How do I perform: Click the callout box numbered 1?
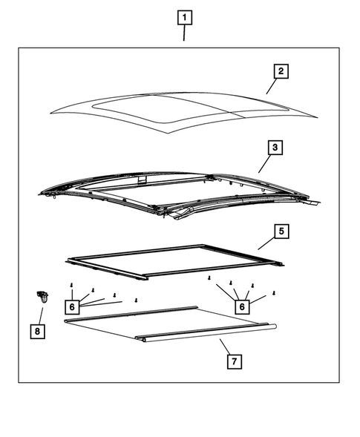[x=185, y=16]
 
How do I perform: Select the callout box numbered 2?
[x=280, y=71]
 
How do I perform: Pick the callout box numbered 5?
[x=281, y=231]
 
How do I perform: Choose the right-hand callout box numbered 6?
[x=242, y=305]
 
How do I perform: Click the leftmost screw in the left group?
[x=71, y=285]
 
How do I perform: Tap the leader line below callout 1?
[x=185, y=33]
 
